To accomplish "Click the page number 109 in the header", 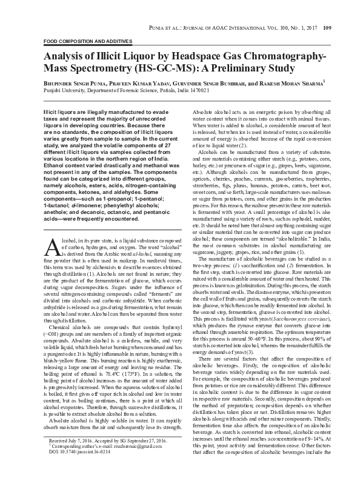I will pyautogui.click(x=327, y=11).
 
